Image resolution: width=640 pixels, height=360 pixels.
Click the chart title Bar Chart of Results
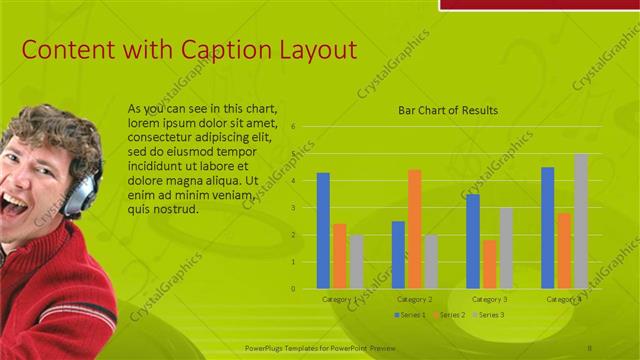pyautogui.click(x=447, y=110)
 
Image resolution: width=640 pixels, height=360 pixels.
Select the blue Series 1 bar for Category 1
pyautogui.click(x=323, y=231)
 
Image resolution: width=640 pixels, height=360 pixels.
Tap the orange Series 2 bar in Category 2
pyautogui.click(x=414, y=229)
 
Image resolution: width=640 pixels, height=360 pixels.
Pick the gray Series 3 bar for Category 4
pyautogui.click(x=581, y=221)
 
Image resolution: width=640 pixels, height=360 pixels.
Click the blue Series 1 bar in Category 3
pyautogui.click(x=473, y=241)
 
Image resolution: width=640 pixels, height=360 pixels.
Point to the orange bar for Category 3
pyautogui.click(x=489, y=264)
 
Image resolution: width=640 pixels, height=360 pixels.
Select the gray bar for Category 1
pyautogui.click(x=357, y=262)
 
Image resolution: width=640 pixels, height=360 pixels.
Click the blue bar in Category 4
pyautogui.click(x=547, y=228)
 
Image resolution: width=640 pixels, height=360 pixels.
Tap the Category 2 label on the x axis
pyautogui.click(x=414, y=299)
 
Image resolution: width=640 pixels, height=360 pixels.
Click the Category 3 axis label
pyautogui.click(x=489, y=299)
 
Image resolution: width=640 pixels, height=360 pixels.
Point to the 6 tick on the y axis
pyautogui.click(x=293, y=127)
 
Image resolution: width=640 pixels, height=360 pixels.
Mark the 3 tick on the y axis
pyautogui.click(x=293, y=208)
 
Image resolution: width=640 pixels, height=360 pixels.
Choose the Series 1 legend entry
pyautogui.click(x=410, y=315)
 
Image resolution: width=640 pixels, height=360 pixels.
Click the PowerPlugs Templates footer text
pyautogui.click(x=320, y=347)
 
